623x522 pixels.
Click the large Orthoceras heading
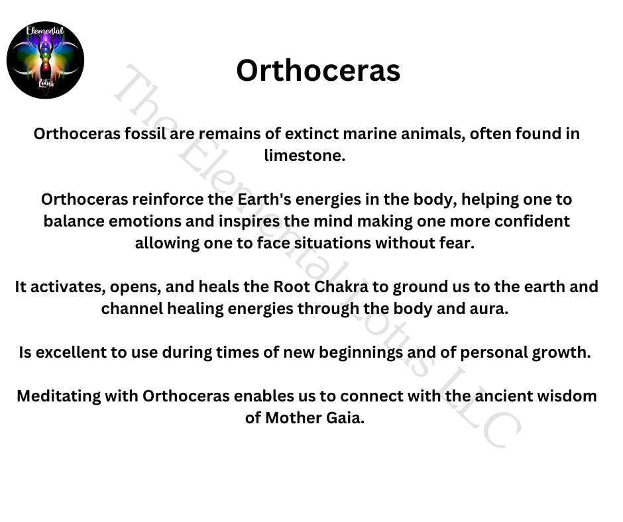pos(318,71)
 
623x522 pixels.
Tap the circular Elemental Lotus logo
pos(45,60)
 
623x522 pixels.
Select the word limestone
pos(305,155)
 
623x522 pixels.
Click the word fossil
pos(144,133)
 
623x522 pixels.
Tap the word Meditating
pos(59,396)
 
